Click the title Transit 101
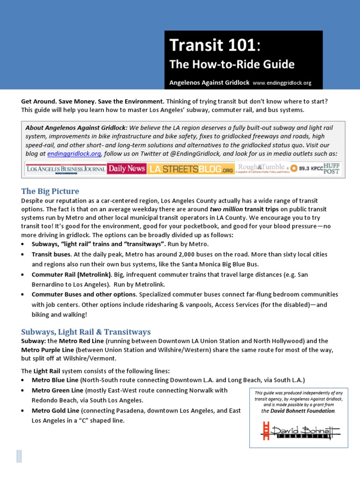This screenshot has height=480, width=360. [211, 45]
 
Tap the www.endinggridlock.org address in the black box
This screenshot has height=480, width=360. [282, 83]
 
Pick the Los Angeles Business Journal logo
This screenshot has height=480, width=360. [65, 168]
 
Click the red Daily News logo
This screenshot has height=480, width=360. [126, 168]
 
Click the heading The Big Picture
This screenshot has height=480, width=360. [50, 191]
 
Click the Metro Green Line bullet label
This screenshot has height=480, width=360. [57, 390]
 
